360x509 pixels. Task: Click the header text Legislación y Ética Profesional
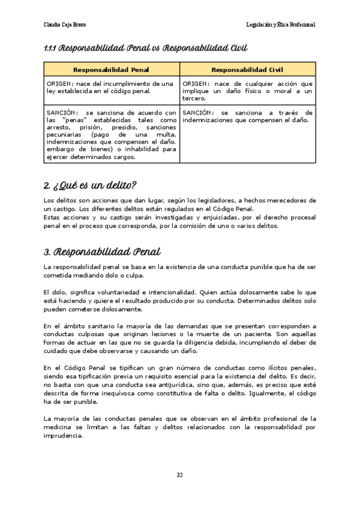coord(281,25)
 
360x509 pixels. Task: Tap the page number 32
coord(179,475)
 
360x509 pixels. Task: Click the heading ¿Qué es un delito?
coord(91,184)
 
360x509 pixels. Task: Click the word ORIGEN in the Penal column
coord(59,83)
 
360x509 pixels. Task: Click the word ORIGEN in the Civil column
coord(195,83)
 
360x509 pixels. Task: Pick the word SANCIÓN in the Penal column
coord(61,112)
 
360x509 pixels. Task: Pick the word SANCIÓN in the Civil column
coord(197,112)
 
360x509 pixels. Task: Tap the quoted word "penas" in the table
coord(71,119)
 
